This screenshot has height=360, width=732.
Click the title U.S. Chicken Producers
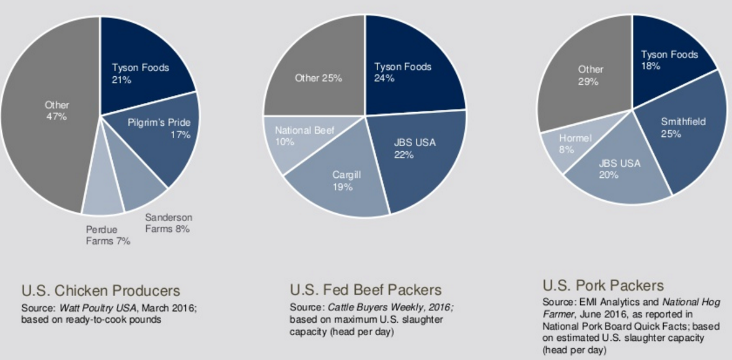click(100, 291)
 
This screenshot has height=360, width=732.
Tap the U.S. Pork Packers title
click(602, 286)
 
